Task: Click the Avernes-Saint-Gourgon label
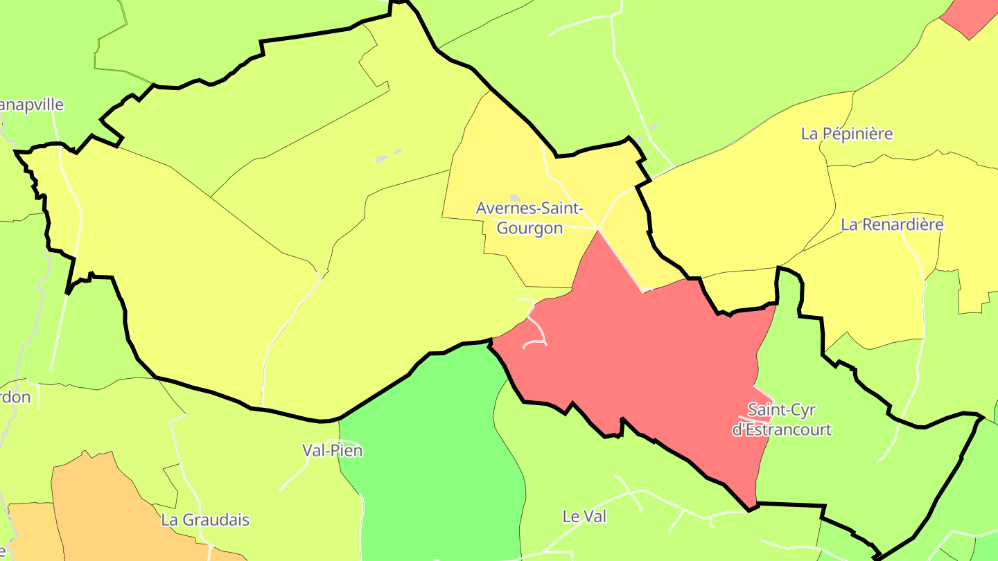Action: [x=529, y=217]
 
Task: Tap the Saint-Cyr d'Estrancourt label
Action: [x=782, y=420]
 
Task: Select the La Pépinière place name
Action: [x=846, y=134]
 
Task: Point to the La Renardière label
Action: [x=892, y=224]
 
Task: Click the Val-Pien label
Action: [x=332, y=450]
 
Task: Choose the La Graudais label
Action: [x=204, y=519]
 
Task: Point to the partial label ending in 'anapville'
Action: [x=31, y=105]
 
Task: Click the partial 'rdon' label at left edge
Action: [x=15, y=398]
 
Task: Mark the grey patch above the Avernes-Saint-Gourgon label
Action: [x=515, y=198]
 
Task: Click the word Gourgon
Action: [x=529, y=228]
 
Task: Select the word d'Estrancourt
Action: [x=782, y=429]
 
